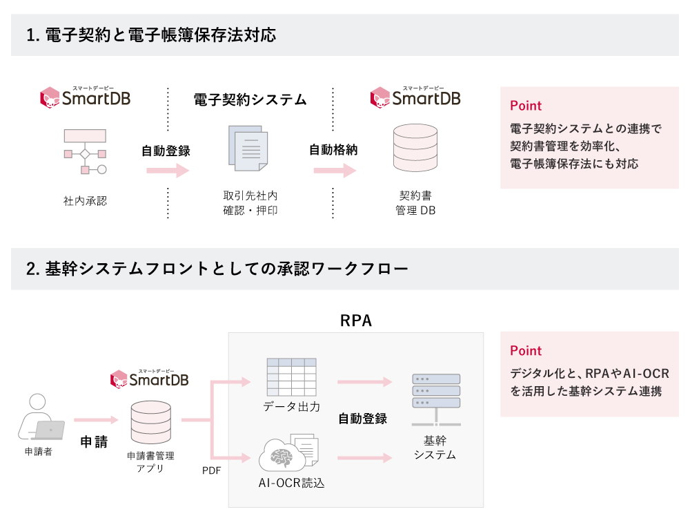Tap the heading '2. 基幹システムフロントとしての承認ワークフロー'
[217, 269]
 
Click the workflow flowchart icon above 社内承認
[85, 151]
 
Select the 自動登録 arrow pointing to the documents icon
[167, 171]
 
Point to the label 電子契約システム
[250, 99]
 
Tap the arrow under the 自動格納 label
[334, 171]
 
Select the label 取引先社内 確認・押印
[250, 202]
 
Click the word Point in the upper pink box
[526, 106]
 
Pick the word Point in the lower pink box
[526, 350]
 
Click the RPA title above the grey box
[356, 321]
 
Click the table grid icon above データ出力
[291, 377]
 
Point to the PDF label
[211, 470]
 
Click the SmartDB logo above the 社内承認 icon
[86, 98]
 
